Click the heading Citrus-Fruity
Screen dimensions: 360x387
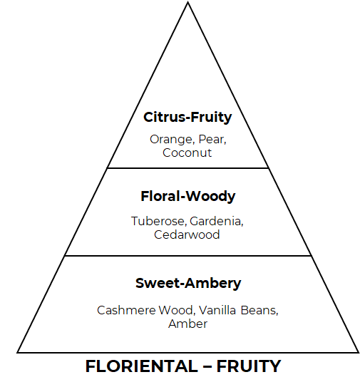pyautogui.click(x=187, y=117)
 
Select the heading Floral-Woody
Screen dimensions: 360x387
pyautogui.click(x=188, y=197)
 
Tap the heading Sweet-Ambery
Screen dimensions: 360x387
pyautogui.click(x=188, y=283)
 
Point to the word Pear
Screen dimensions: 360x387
pyautogui.click(x=212, y=140)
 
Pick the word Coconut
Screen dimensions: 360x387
pyautogui.click(x=187, y=153)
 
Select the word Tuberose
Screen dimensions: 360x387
pyautogui.click(x=159, y=221)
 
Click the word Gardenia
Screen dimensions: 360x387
pyautogui.click(x=217, y=221)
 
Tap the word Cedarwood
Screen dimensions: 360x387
pyautogui.click(x=187, y=234)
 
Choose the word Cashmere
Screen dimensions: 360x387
pyautogui.click(x=126, y=310)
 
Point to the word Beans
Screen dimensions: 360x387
pyautogui.click(x=259, y=311)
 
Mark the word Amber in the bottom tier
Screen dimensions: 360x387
pyautogui.click(x=188, y=324)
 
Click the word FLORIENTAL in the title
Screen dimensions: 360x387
pyautogui.click(x=141, y=366)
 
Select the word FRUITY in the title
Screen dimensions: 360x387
pyautogui.click(x=249, y=366)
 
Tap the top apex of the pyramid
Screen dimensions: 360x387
pyautogui.click(x=187, y=2)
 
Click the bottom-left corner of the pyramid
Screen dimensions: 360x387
pyautogui.click(x=17, y=353)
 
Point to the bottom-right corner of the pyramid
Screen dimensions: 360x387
pyautogui.click(x=359, y=353)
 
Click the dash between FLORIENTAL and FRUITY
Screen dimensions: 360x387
pyautogui.click(x=207, y=367)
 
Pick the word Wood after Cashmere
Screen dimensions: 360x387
pyautogui.click(x=177, y=310)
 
